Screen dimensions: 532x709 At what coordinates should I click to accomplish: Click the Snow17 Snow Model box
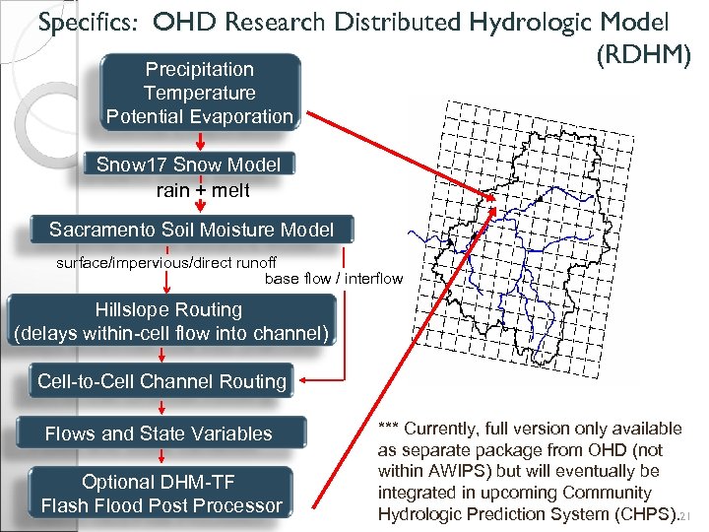[x=188, y=165]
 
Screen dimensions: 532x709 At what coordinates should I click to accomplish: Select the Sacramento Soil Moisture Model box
[x=191, y=231]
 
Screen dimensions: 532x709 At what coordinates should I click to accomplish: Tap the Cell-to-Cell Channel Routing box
[x=161, y=381]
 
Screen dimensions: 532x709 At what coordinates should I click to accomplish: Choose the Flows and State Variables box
[x=159, y=433]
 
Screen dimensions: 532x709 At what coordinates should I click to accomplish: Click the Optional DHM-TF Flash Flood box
[x=161, y=495]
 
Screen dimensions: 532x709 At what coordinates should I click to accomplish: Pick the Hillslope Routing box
[x=168, y=321]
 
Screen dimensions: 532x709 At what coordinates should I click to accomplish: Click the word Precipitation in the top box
[x=199, y=69]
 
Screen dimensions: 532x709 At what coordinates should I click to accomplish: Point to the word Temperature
[x=199, y=93]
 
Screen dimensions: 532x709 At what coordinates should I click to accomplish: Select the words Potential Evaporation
[x=199, y=116]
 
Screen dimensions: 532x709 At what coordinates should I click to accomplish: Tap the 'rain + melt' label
[x=203, y=189]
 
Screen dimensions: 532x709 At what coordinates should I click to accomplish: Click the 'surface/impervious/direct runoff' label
[x=166, y=263]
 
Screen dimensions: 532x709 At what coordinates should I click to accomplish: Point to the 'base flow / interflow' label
[x=334, y=279]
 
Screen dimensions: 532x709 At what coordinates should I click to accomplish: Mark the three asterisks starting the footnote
[x=389, y=429]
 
